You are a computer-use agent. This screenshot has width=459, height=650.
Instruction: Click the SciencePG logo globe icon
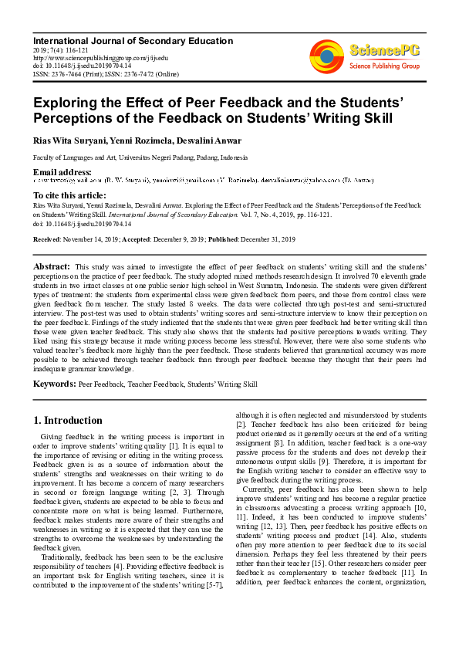coord(326,57)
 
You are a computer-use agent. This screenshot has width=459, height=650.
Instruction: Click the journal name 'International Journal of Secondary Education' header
coord(132,41)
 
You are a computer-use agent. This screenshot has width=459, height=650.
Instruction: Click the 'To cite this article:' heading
coord(69,196)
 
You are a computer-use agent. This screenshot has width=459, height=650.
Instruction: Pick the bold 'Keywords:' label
coord(54,383)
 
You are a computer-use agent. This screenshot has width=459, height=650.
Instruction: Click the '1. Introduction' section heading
coord(69,421)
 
